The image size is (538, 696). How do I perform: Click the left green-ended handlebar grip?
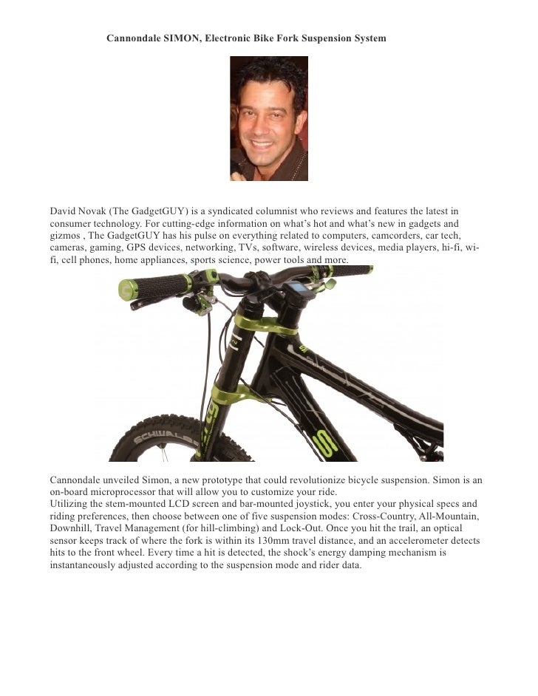pyautogui.click(x=151, y=287)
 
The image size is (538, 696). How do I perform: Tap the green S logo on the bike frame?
pyautogui.click(x=322, y=443)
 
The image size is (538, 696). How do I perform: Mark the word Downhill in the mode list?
pyautogui.click(x=72, y=529)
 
